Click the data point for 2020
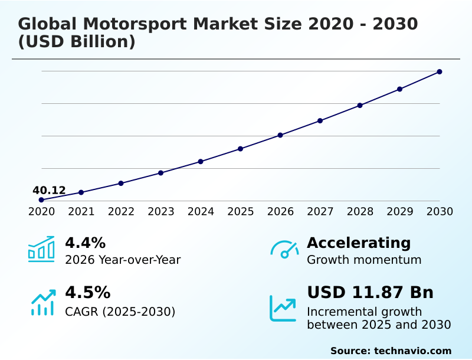click(x=41, y=200)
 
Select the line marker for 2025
click(x=241, y=149)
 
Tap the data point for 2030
click(x=440, y=72)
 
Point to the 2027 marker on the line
click(x=320, y=120)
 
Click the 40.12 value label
click(x=49, y=190)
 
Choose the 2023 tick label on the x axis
click(x=161, y=212)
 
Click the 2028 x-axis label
click(x=360, y=212)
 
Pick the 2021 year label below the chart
click(x=81, y=212)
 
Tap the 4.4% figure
click(x=85, y=243)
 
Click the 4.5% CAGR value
click(x=87, y=293)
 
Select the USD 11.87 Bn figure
click(x=370, y=293)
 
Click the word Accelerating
click(x=359, y=243)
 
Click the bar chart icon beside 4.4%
click(x=41, y=249)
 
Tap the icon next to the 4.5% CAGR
click(x=42, y=302)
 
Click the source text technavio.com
click(x=412, y=351)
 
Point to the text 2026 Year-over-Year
click(x=123, y=260)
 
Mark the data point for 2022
click(x=121, y=183)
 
